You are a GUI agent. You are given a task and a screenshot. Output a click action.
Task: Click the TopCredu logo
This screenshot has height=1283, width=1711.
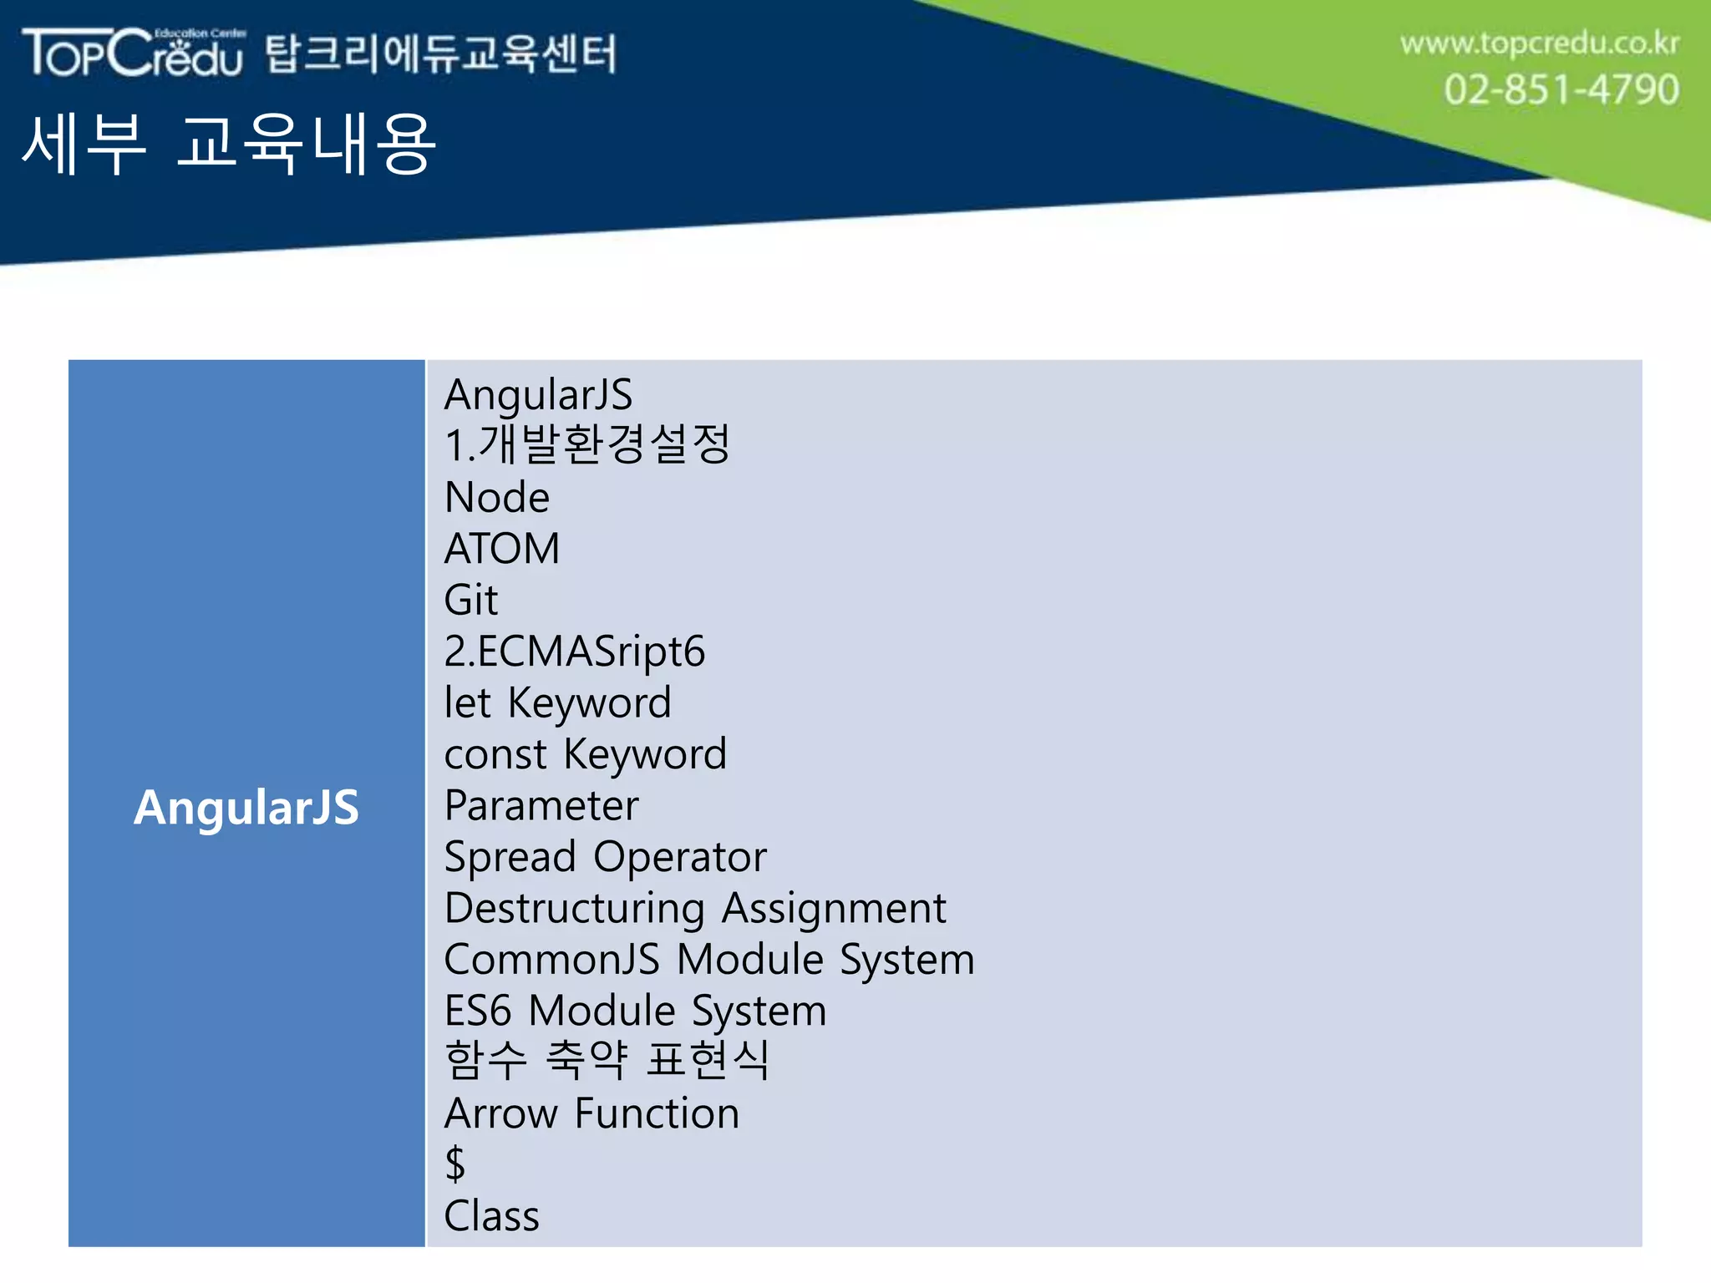(x=134, y=53)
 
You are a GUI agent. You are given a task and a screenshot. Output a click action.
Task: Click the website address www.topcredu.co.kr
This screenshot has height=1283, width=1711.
(x=1539, y=43)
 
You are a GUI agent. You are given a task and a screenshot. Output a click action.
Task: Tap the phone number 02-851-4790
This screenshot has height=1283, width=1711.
(x=1561, y=89)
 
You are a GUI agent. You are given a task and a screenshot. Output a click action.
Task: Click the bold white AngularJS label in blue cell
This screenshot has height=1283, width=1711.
(x=246, y=807)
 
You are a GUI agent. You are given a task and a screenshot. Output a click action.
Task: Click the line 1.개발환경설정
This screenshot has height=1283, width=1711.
(x=587, y=444)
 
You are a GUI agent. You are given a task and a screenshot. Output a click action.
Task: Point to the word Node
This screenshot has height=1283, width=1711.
(x=497, y=497)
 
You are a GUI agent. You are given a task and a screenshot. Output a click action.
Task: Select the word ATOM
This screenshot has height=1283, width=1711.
(x=502, y=549)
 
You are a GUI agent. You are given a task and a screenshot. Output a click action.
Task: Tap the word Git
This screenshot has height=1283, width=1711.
(x=471, y=600)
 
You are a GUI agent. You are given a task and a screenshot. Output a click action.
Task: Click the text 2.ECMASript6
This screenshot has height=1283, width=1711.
(x=575, y=652)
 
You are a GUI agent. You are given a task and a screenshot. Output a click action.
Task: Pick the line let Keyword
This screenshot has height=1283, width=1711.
(x=557, y=702)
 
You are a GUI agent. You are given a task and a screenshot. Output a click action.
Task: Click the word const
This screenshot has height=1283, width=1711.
(x=495, y=754)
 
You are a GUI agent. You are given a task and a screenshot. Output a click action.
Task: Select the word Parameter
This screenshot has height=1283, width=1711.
(x=541, y=806)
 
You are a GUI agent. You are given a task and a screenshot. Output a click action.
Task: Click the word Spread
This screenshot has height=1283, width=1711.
(x=510, y=857)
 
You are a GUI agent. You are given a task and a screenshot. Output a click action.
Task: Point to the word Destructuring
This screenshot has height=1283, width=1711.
(x=574, y=908)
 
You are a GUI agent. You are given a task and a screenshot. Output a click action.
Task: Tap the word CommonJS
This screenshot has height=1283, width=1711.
(x=551, y=959)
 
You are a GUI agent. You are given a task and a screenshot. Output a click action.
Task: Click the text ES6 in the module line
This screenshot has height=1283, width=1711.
(x=477, y=1011)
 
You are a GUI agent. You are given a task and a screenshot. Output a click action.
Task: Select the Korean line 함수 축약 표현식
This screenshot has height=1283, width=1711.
(x=607, y=1060)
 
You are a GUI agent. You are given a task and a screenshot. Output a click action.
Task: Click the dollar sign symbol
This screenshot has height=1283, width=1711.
(x=455, y=1164)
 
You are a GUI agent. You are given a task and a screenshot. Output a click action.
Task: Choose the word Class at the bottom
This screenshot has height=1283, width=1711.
(x=492, y=1215)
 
